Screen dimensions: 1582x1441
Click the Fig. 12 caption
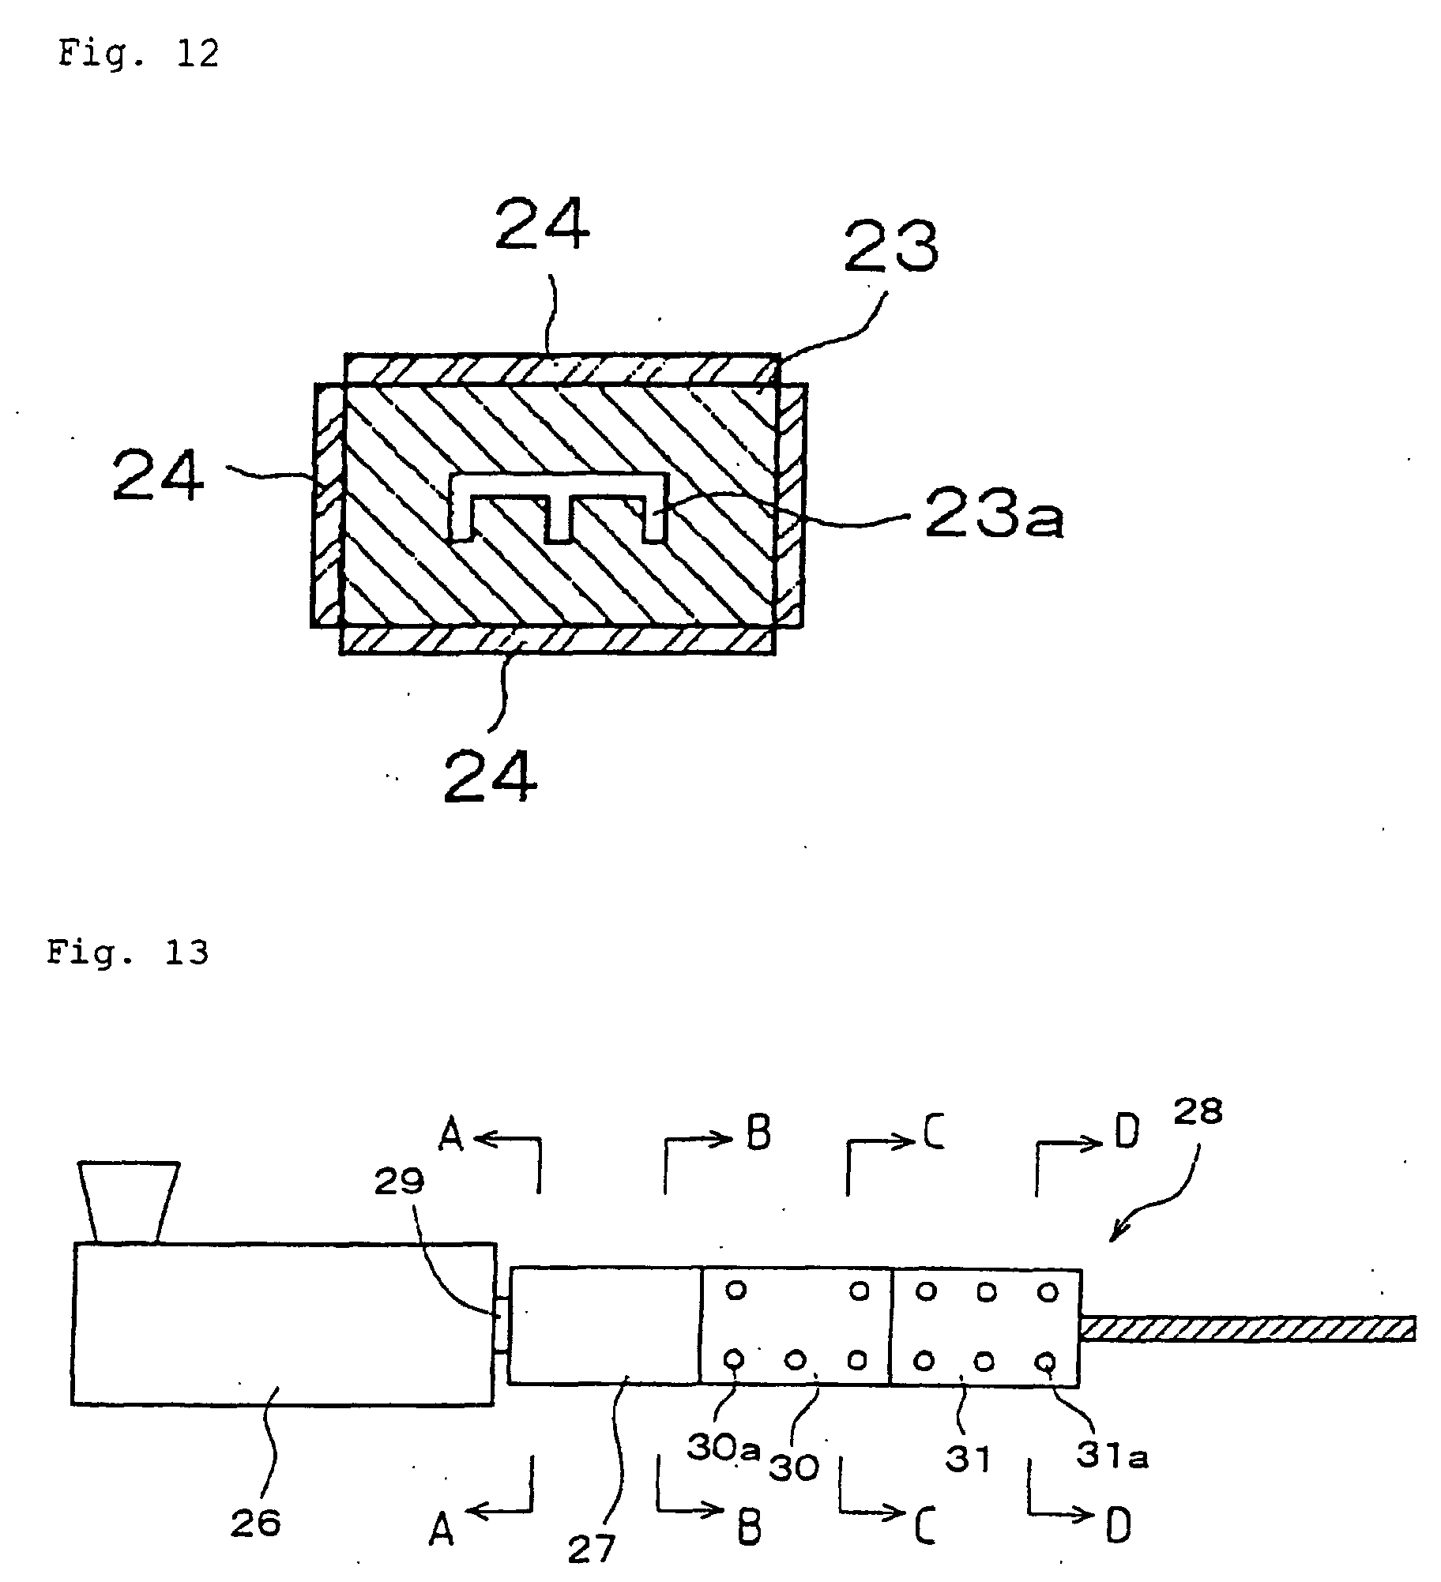coord(137,54)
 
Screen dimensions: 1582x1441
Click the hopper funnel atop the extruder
coord(127,1201)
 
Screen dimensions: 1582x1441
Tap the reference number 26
coord(255,1522)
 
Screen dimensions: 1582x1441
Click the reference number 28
coord(1197,1113)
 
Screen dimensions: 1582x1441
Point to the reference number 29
coord(399,1183)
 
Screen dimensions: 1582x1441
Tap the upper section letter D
coord(1127,1133)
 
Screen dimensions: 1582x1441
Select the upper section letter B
coord(757,1133)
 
